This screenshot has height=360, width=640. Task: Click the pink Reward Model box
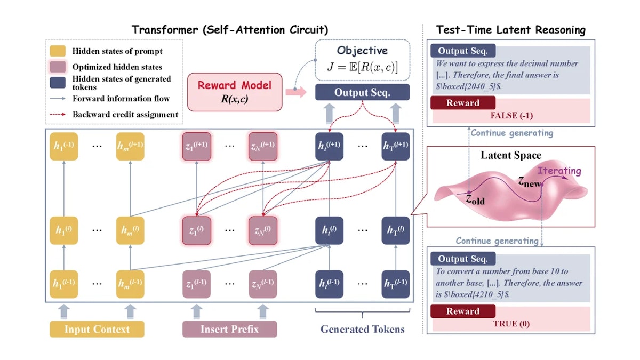(235, 92)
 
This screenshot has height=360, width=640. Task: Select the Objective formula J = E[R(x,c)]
(362, 67)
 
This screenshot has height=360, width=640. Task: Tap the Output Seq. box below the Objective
(362, 92)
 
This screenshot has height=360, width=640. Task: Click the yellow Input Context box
(97, 329)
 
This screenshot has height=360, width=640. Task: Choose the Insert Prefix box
(229, 329)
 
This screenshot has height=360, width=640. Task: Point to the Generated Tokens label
(362, 329)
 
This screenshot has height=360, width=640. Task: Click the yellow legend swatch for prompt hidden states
(58, 51)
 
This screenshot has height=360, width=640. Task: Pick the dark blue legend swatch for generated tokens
(58, 83)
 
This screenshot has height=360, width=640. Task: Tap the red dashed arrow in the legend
(58, 114)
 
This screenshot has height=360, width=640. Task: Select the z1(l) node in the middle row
(197, 230)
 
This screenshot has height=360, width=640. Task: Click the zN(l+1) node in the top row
(263, 146)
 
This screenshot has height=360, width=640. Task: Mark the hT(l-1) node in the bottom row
(396, 284)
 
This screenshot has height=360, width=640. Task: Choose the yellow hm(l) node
(130, 230)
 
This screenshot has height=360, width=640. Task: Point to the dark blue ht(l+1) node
(330, 146)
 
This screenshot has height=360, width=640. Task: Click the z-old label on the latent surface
(475, 199)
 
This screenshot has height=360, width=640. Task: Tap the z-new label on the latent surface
(529, 182)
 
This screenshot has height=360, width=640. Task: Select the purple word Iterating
(559, 171)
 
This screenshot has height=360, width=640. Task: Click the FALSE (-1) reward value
(511, 115)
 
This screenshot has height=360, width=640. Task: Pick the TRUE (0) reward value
(511, 324)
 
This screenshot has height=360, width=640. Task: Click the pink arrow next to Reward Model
(296, 92)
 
